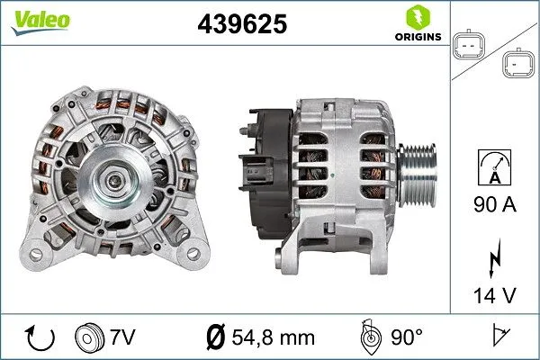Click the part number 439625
click(241, 26)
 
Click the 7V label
click(122, 337)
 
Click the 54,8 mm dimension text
click(272, 337)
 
